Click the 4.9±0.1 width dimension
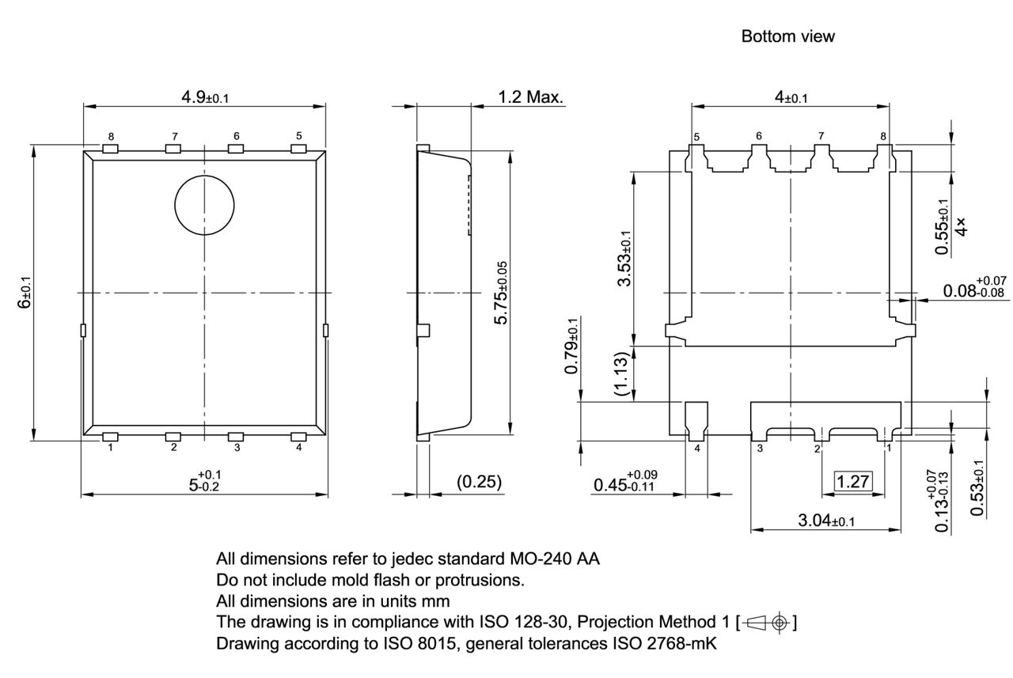pyautogui.click(x=205, y=97)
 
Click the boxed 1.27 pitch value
pyautogui.click(x=853, y=481)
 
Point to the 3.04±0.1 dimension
pyautogui.click(x=825, y=521)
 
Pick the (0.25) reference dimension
pyautogui.click(x=480, y=482)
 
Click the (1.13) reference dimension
pyautogui.click(x=623, y=373)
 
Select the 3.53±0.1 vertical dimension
pyautogui.click(x=624, y=259)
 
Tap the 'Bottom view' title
pyautogui.click(x=787, y=36)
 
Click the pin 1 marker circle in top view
pyautogui.click(x=205, y=205)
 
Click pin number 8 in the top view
pyautogui.click(x=110, y=136)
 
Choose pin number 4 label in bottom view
pyautogui.click(x=697, y=449)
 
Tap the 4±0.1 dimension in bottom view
pyautogui.click(x=791, y=97)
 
